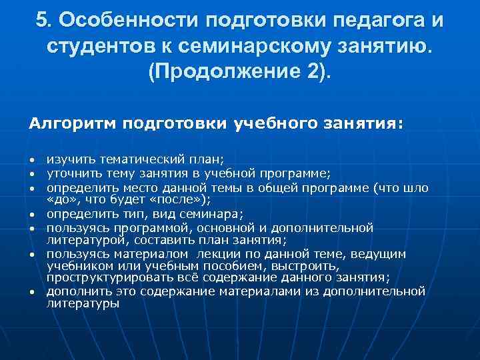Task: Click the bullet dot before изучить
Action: click(x=32, y=161)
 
